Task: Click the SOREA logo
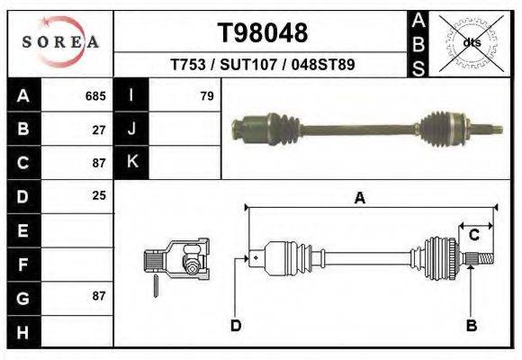(60, 42)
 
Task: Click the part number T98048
(263, 33)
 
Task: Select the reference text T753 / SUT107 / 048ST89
(263, 66)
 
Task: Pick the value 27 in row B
(99, 130)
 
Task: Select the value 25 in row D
(99, 195)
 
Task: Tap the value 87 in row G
(99, 296)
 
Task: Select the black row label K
(131, 162)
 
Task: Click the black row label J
(131, 130)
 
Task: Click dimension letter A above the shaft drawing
(359, 199)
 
